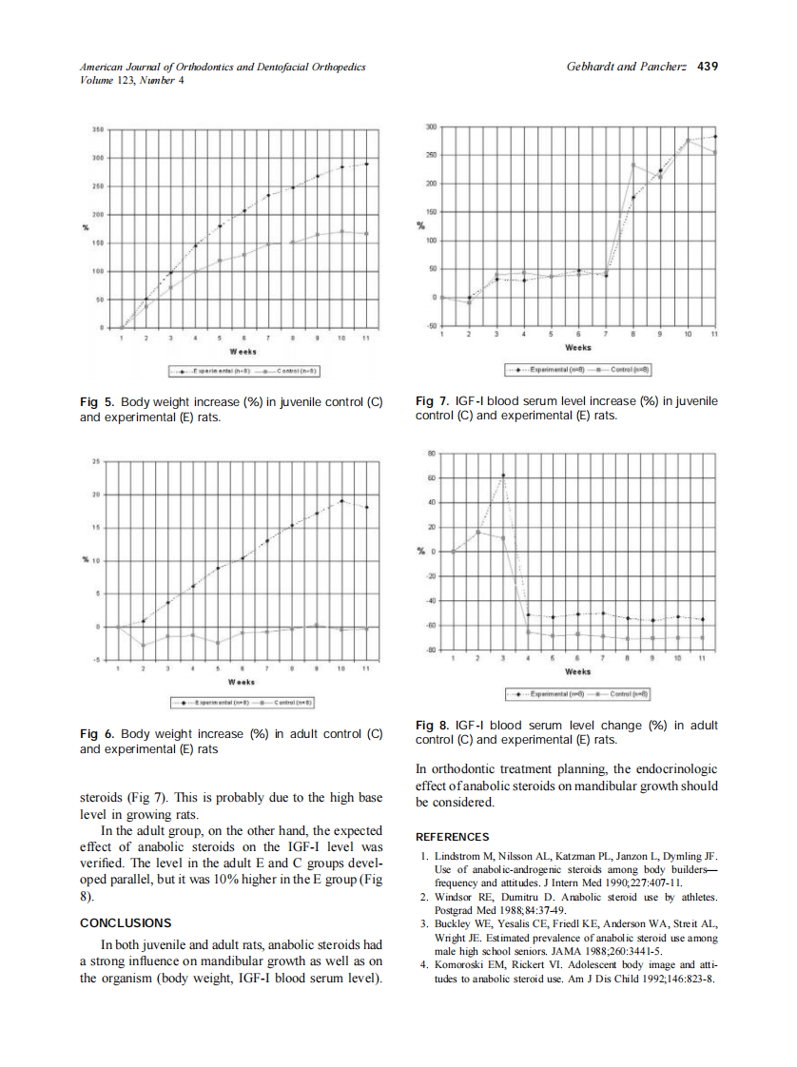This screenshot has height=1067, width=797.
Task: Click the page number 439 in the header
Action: coord(707,67)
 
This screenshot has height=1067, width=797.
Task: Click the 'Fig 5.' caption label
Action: coord(97,402)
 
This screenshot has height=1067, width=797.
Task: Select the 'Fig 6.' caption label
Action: coord(97,734)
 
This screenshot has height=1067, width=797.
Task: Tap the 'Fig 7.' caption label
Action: coord(434,401)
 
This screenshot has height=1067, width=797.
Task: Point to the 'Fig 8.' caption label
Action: coord(434,725)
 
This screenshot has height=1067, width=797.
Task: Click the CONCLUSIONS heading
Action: coord(126,922)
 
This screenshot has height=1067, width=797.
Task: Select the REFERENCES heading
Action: coord(453,837)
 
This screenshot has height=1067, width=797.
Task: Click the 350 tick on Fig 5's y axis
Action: coord(97,128)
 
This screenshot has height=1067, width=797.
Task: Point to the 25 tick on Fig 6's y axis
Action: coord(95,461)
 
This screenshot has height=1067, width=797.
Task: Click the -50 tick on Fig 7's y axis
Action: coord(429,326)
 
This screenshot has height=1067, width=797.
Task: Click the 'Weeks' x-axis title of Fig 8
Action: coord(577,671)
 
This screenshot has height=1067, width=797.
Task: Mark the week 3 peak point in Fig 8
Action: coord(503,475)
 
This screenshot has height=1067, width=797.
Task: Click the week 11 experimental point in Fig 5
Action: coord(366,164)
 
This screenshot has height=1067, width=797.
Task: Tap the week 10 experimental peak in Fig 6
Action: coord(341,500)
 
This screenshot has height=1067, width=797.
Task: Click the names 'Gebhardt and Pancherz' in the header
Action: coord(628,67)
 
